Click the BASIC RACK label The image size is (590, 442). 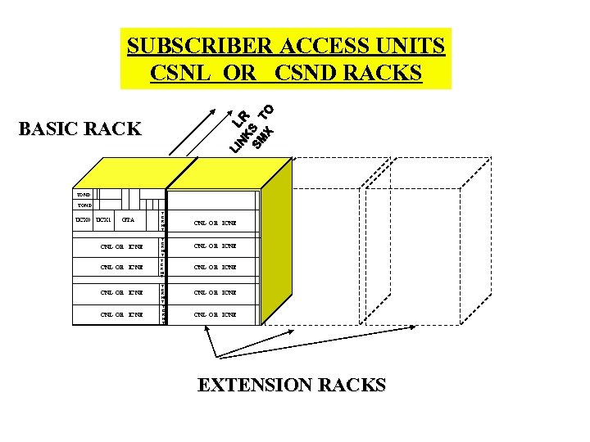point(79,129)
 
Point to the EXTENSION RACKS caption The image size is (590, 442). point(291,385)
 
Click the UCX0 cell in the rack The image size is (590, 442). point(82,220)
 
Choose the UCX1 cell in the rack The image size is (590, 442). point(103,220)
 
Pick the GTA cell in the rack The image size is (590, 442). point(128,220)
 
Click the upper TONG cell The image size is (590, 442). point(83,195)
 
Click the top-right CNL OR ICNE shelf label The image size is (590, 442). point(216,222)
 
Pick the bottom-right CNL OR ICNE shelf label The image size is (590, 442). point(216,313)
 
